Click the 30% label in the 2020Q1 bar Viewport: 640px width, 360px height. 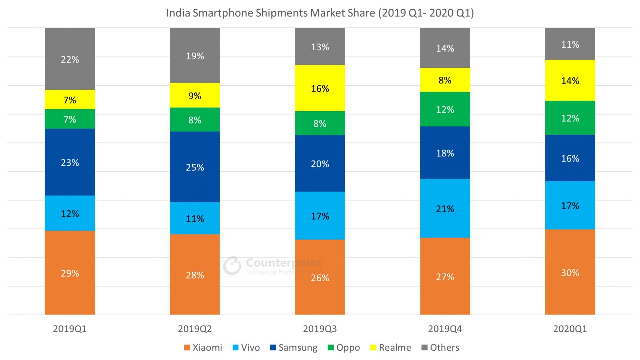coord(570,273)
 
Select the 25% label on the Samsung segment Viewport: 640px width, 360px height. coord(195,167)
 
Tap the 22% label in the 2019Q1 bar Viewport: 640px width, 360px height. coord(70,59)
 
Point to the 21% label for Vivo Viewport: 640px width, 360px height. coord(445,209)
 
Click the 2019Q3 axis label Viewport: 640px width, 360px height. coord(320,329)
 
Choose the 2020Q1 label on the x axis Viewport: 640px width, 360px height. coord(570,329)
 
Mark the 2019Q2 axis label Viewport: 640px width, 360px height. coord(195,329)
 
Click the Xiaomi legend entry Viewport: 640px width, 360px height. coord(203,347)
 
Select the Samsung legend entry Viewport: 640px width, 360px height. coord(294,347)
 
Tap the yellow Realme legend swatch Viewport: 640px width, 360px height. coord(373,348)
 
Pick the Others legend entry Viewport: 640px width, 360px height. coord(440,347)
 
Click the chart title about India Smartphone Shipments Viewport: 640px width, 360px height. coord(320,13)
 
